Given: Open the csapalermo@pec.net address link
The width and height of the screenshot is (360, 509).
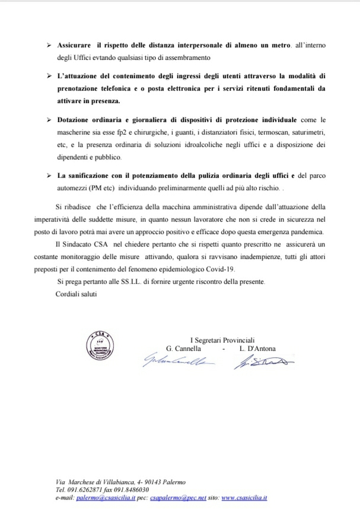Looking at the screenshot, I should (174, 498).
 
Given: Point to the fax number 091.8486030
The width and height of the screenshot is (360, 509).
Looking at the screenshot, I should (128, 491).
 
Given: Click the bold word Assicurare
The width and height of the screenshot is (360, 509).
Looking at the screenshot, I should (74, 45).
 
